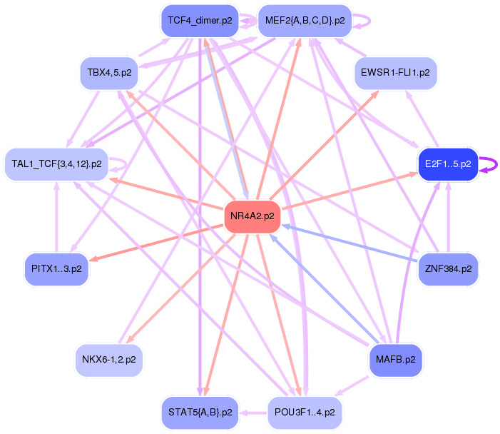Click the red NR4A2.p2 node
click(x=252, y=216)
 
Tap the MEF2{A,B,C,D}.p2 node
click(x=305, y=20)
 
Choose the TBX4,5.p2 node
click(x=108, y=73)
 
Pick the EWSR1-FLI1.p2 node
click(x=395, y=73)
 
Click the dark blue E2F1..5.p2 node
click(x=448, y=163)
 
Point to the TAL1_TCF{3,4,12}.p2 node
click(x=56, y=163)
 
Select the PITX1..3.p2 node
click(x=56, y=268)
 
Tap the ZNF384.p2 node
click(x=448, y=268)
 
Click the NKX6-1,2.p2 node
click(x=108, y=359)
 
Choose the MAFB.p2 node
click(x=395, y=359)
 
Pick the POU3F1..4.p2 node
click(x=305, y=412)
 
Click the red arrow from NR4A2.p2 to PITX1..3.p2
click(x=157, y=241)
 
